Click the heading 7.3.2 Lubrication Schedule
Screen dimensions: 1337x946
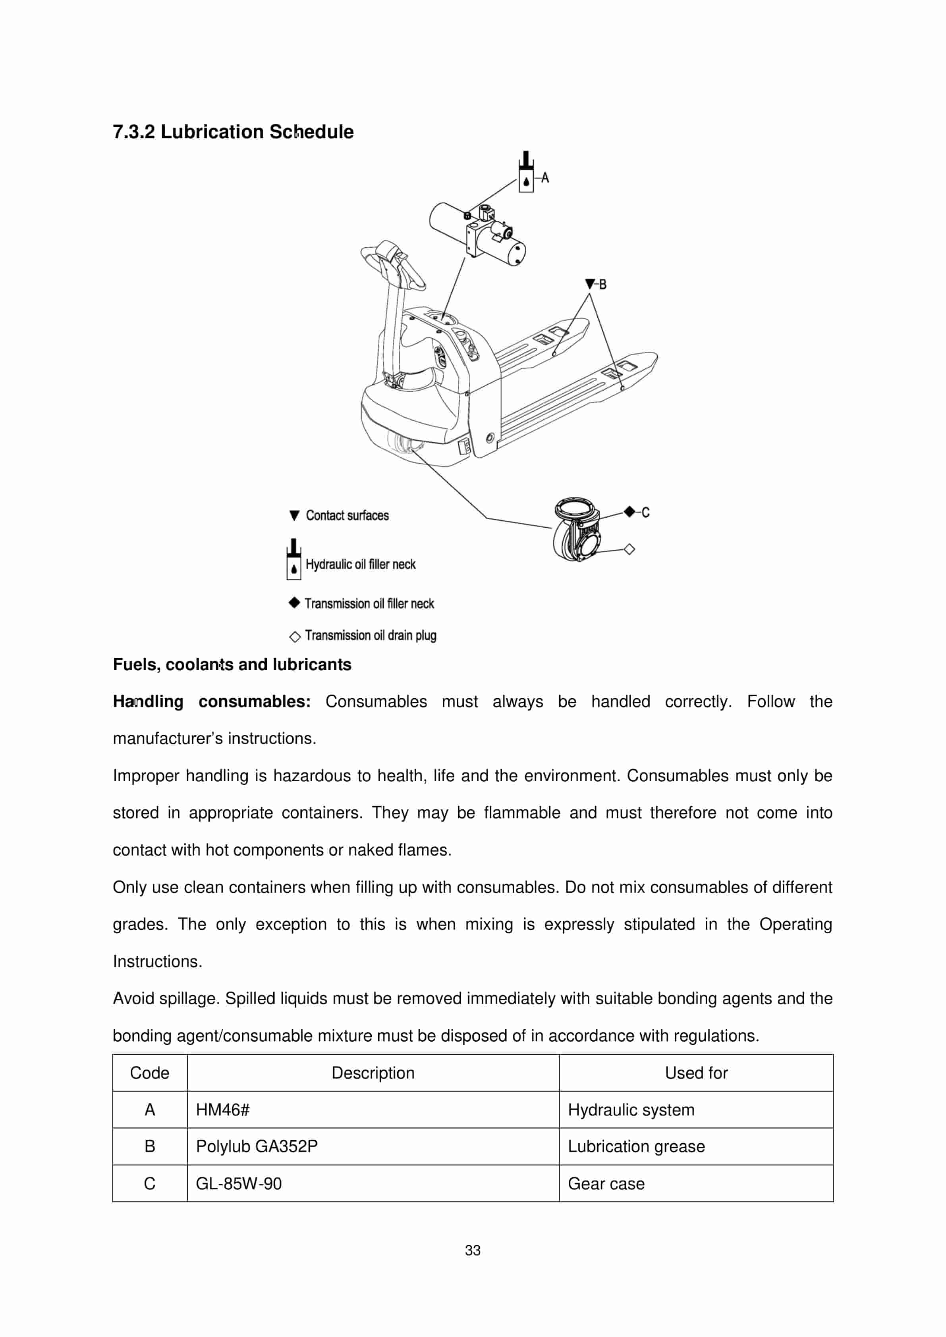(233, 132)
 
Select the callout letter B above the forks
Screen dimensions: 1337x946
(602, 284)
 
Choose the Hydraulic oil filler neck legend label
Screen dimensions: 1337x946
(361, 564)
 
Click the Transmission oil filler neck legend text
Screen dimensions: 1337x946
(369, 603)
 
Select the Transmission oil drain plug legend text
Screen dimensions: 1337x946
(371, 635)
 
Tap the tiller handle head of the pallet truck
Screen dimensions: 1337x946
(392, 260)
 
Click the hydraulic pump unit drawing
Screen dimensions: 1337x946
(478, 233)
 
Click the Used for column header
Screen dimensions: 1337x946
(696, 1073)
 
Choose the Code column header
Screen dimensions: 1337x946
(150, 1073)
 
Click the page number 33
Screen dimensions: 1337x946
(473, 1250)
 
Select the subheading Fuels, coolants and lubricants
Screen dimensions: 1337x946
(232, 665)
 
